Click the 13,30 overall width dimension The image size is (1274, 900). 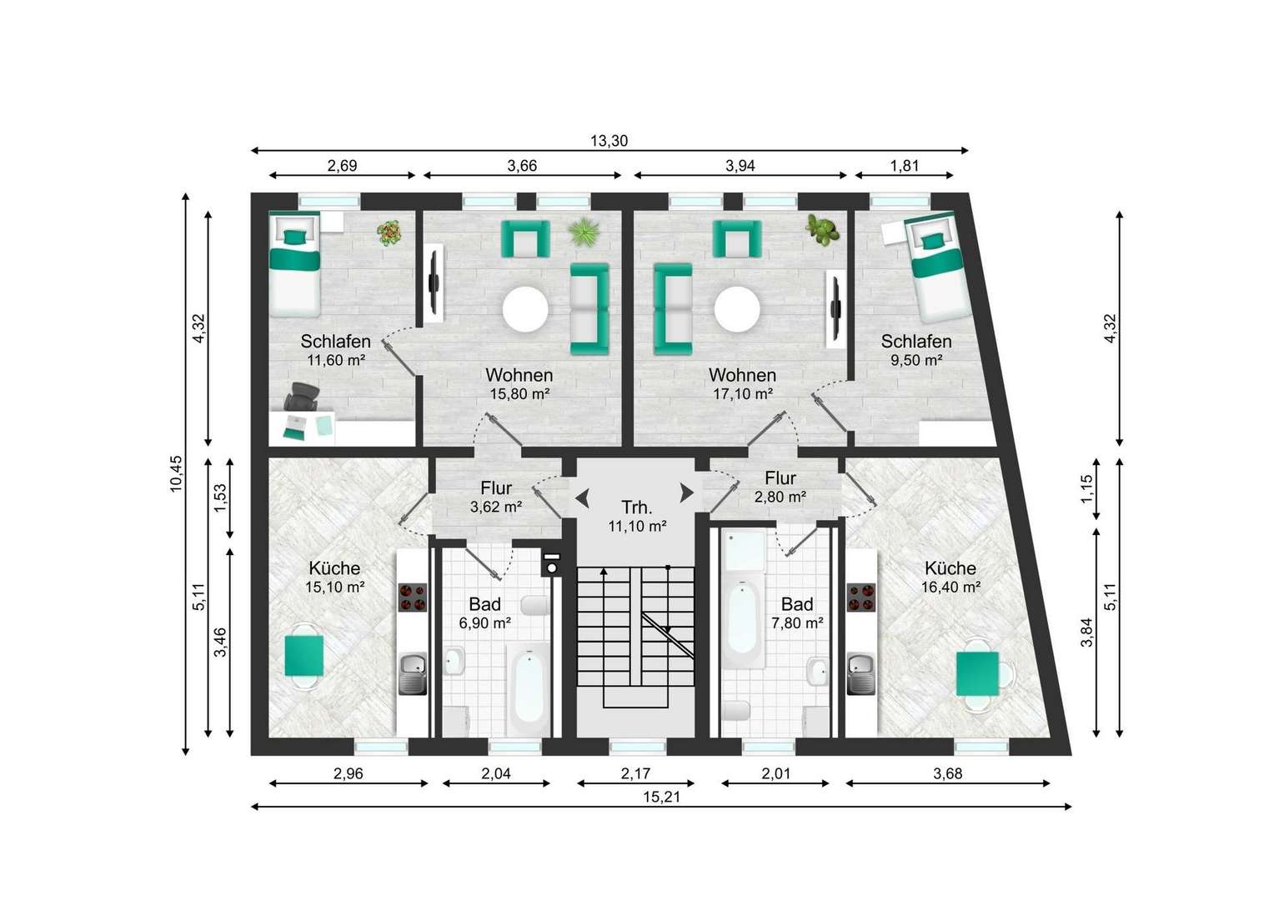[609, 141]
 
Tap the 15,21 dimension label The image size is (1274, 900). [662, 797]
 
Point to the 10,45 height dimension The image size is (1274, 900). [176, 473]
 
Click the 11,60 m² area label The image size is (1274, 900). [335, 360]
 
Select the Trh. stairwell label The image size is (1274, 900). [636, 507]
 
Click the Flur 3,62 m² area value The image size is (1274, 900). [496, 507]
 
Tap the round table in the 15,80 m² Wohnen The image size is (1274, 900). [525, 309]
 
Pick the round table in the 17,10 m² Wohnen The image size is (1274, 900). [737, 309]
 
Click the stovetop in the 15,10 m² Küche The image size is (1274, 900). [413, 597]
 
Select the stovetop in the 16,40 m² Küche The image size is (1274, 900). [861, 597]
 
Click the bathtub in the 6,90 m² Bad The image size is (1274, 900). [529, 689]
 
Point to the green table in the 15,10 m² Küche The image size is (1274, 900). [304, 656]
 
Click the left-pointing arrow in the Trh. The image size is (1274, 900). [582, 498]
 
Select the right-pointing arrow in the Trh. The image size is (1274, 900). [687, 492]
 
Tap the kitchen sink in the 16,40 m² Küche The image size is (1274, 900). [861, 673]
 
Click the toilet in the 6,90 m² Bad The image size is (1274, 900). [534, 606]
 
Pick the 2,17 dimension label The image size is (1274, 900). [635, 773]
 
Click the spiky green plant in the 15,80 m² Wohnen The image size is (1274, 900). [584, 232]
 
